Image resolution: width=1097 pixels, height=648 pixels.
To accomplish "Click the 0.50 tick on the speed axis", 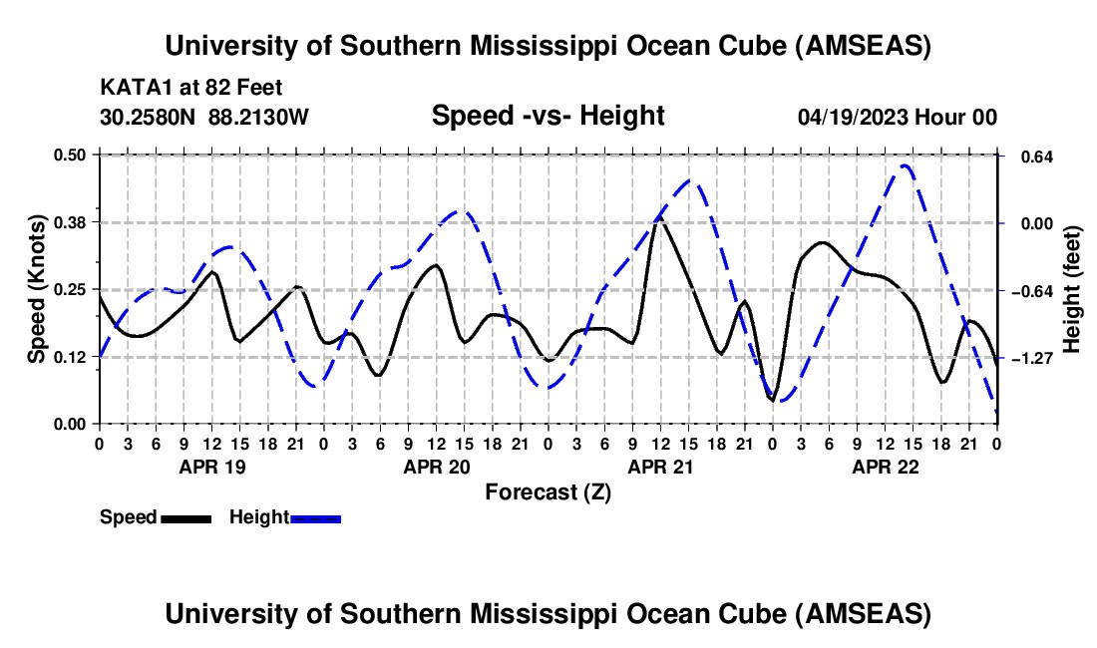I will (x=76, y=155).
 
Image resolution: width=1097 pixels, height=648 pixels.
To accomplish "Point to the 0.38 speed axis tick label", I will (x=76, y=221).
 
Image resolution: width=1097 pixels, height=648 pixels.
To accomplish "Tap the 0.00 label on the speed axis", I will (x=76, y=424).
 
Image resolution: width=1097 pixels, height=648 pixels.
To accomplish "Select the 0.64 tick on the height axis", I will (x=1028, y=157).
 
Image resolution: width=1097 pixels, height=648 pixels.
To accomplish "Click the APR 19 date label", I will (x=209, y=467).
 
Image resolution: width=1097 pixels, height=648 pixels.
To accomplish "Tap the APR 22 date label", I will (x=884, y=467).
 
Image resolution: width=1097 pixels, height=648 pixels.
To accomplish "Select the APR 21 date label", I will (x=659, y=467).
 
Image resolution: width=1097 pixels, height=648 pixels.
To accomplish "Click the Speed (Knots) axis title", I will (x=37, y=288).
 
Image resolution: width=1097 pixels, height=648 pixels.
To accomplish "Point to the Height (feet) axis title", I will (x=1072, y=289).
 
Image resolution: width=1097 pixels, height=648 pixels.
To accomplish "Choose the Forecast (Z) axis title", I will (x=548, y=491).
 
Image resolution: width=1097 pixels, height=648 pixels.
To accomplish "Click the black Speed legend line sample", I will (x=185, y=518).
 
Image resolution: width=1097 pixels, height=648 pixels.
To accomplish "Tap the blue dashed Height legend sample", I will (x=316, y=518).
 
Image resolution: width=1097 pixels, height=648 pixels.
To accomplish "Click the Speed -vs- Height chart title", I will (x=548, y=117).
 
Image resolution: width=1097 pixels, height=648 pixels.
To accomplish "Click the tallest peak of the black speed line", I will (x=659, y=217).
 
